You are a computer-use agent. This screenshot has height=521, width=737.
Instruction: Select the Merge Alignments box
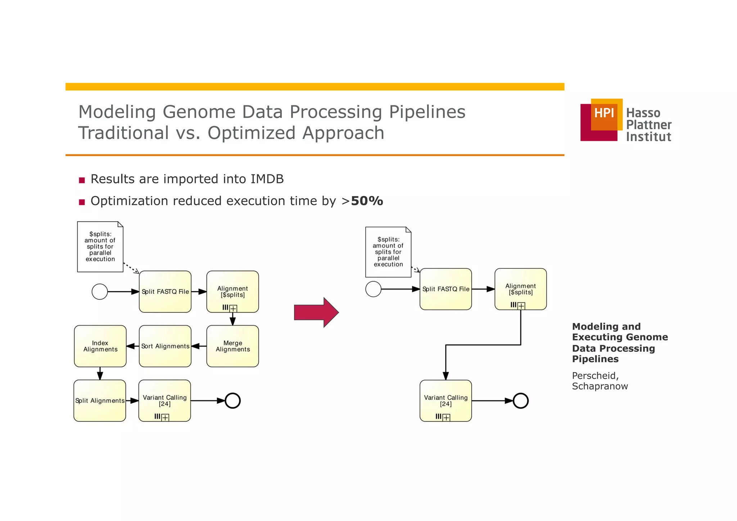pos(232,346)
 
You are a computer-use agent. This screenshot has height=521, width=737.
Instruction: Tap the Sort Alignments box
pos(165,346)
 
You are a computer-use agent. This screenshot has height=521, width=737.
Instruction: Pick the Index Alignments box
pos(100,346)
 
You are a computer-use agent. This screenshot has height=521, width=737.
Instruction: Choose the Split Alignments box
pos(100,400)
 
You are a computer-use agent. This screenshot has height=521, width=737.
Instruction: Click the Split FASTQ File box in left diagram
pos(165,291)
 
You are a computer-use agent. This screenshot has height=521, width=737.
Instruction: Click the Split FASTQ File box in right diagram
pos(446,289)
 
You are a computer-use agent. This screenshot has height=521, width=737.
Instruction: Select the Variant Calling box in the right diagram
pos(446,400)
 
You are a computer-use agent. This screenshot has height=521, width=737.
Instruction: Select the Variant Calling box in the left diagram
pos(164,400)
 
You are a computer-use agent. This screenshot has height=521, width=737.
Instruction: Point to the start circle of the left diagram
pos(100,292)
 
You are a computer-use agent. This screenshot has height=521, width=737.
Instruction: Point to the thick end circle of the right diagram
pos(520,400)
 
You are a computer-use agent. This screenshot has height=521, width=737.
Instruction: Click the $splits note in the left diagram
pos(100,247)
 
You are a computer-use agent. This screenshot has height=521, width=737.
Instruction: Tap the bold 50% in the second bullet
pos(367,201)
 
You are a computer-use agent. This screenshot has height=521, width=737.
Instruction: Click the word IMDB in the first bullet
pos(267,179)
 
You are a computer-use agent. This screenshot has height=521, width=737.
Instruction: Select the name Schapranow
pos(600,386)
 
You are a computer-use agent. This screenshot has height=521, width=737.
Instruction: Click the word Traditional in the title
pos(123,133)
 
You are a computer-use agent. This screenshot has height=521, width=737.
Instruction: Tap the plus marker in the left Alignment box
pos(233,308)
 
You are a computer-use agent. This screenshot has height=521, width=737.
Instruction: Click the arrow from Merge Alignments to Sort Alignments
pos(199,346)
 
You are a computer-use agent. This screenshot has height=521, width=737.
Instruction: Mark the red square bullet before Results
pos(82,180)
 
